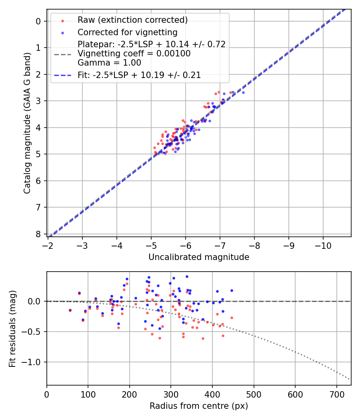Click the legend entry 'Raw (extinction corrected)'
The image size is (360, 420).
point(132,20)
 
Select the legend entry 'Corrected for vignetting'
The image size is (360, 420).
point(127,32)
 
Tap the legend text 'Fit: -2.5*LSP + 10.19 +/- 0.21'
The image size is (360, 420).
point(139,75)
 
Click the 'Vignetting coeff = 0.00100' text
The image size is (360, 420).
point(134,53)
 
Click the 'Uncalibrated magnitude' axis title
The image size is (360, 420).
point(199,257)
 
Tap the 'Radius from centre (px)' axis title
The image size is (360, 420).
point(199,406)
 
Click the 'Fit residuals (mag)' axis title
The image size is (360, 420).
point(13,329)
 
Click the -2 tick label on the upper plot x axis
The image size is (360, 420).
point(48,245)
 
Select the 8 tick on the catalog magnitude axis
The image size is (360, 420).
point(39,234)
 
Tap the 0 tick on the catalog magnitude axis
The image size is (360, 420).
point(39,21)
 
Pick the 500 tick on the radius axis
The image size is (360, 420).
point(254,394)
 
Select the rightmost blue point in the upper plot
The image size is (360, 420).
point(243,92)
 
